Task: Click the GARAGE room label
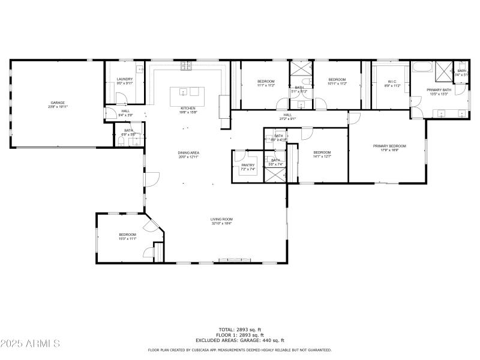58,103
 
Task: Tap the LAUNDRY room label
124,79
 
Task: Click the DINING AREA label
188,153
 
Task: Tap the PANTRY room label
248,165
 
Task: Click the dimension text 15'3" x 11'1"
127,239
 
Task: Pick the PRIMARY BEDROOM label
389,146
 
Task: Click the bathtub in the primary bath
422,68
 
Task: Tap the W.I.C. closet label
391,82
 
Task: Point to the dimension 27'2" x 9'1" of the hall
287,119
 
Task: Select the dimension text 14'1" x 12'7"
322,157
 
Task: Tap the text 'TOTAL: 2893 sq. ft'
239,329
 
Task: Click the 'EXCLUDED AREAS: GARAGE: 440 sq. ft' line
239,340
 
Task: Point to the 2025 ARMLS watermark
30,344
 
